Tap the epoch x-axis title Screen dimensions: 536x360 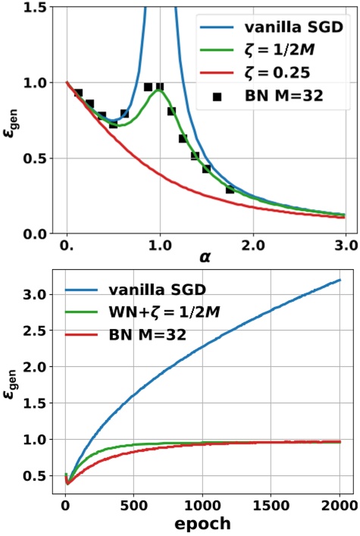(x=204, y=523)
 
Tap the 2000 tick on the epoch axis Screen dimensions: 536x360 (x=339, y=503)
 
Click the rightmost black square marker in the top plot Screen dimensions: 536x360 (x=230, y=190)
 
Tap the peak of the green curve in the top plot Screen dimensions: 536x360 (x=158, y=90)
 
